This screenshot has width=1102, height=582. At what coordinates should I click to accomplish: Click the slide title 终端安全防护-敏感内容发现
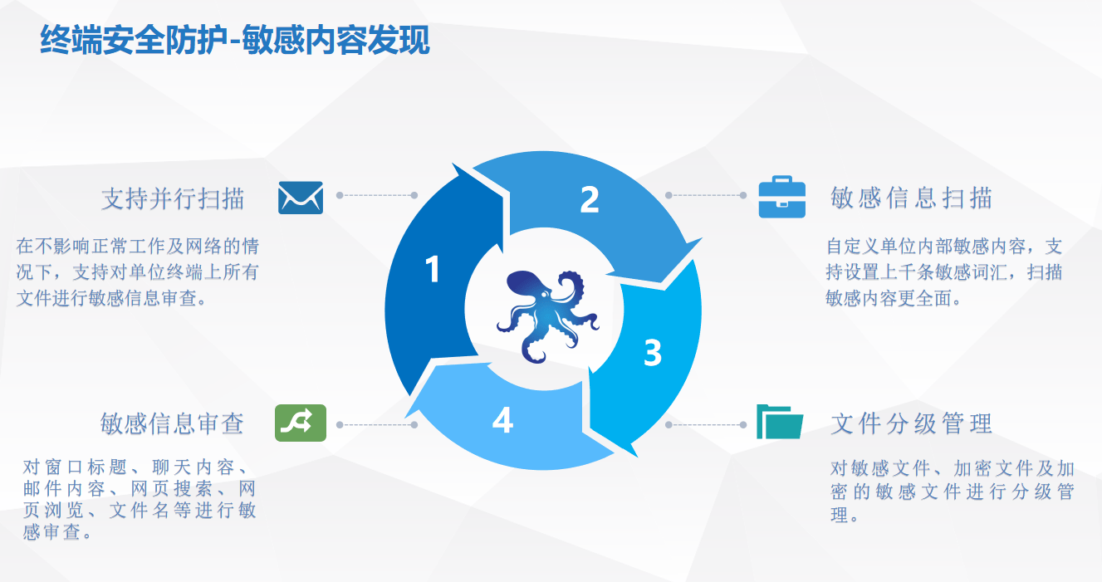pos(235,40)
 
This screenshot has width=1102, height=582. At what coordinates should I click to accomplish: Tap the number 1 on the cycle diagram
pos(433,270)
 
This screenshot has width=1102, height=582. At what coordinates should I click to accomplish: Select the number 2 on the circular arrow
pos(590,199)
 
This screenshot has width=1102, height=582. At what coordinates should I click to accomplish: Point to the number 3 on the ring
pos(653,353)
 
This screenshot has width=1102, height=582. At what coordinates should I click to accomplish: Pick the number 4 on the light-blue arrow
pos(502,419)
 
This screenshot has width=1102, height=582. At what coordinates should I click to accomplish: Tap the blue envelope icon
pos(301,198)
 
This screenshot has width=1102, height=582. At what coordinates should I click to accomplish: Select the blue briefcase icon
pos(781,197)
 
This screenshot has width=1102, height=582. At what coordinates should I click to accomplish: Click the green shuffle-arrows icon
pos(301,423)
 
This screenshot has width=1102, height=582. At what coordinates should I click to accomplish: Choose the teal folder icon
pos(780,422)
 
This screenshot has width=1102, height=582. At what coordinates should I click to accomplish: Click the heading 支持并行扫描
pos(173,198)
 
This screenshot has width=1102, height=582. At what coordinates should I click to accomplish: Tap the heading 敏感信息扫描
pos(911,198)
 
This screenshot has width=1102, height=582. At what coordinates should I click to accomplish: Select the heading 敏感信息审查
pos(172,423)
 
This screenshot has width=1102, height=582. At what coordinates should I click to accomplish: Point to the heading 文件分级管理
pos(911,423)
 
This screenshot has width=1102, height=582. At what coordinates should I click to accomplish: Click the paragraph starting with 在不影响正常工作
pos(138,272)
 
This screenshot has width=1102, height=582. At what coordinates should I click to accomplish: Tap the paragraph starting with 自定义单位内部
pos(944,272)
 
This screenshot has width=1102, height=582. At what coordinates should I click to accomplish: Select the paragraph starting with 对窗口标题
pos(140,499)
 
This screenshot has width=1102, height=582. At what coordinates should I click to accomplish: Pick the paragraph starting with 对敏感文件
pos(953,492)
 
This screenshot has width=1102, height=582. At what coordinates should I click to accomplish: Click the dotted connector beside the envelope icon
pos(377,195)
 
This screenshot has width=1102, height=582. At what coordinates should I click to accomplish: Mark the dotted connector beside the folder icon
pos(706,424)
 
